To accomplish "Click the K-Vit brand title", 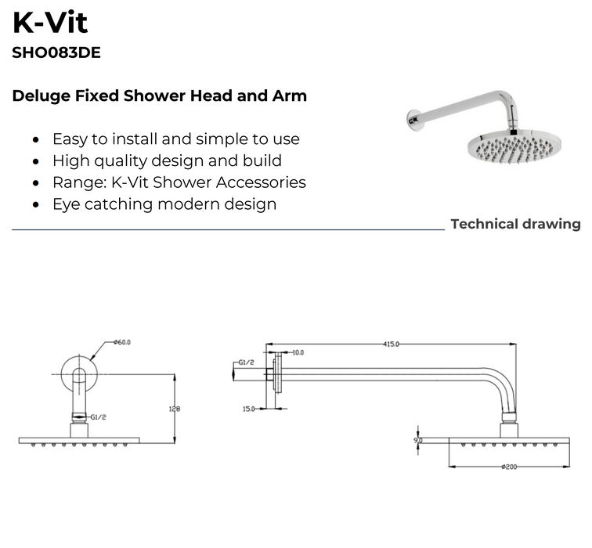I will [x=50, y=23].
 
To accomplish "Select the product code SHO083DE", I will [x=56, y=54].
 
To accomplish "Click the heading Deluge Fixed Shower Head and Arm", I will [x=160, y=96].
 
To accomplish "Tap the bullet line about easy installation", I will [x=175, y=139].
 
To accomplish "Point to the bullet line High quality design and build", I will [x=167, y=160].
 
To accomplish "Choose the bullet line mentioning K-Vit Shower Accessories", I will [x=179, y=182].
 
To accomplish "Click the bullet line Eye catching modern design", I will [x=164, y=204].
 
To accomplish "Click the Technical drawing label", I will [x=515, y=225].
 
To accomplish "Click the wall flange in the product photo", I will [x=413, y=120].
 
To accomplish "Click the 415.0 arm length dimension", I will [x=392, y=344].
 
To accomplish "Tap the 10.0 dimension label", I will [x=298, y=353].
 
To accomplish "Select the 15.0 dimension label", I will [x=249, y=409].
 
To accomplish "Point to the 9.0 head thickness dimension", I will [x=419, y=441].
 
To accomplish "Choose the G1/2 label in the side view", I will [x=244, y=363].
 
